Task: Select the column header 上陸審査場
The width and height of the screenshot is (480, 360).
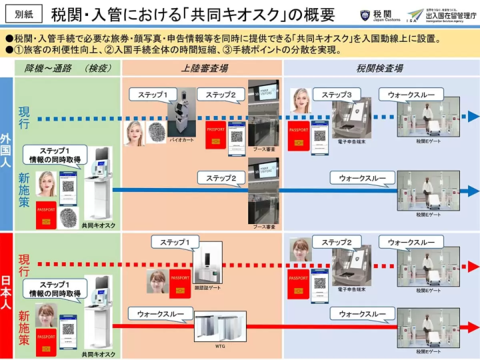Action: [x=203, y=67]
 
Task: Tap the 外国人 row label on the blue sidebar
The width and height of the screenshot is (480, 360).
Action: [x=7, y=153]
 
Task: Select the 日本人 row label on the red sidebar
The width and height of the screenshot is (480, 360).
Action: [x=7, y=294]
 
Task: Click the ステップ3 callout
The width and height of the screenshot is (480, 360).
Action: [x=341, y=95]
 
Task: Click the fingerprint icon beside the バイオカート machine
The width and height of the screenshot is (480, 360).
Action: [x=157, y=132]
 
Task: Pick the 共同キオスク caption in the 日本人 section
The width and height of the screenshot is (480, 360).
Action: [x=99, y=354]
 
